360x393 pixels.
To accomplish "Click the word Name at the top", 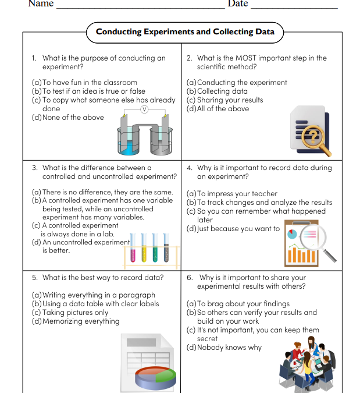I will [41, 3].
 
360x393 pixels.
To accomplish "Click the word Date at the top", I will [237, 3].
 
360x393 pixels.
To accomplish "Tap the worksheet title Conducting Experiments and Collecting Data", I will [185, 31].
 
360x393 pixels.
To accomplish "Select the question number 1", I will [34, 58].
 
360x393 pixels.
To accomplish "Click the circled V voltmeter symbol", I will [145, 109].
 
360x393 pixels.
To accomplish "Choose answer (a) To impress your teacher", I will [231, 194].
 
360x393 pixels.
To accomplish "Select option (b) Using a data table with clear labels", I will [95, 304].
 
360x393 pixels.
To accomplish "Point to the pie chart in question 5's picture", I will [156, 378].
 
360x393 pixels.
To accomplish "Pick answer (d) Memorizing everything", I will [76, 321].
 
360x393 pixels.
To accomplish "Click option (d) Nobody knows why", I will [224, 348].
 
